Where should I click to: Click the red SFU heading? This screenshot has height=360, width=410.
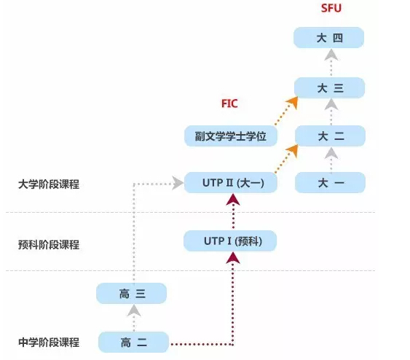coord(331,8)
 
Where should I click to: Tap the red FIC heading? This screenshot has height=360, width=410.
coord(229,103)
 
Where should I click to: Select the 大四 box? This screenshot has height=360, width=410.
coord(329,38)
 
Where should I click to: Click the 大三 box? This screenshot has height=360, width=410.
coord(329,88)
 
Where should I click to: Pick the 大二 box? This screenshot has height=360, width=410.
coord(330,136)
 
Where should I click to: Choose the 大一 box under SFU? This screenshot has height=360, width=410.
coord(330,182)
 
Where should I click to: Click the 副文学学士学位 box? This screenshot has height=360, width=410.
coord(231,136)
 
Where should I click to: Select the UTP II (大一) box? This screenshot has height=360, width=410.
coord(231,182)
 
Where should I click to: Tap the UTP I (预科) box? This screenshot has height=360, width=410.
coord(230,241)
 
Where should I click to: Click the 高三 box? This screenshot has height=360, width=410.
coord(132,293)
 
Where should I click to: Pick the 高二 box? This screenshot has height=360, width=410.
coord(133,343)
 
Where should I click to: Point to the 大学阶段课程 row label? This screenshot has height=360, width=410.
coord(49,184)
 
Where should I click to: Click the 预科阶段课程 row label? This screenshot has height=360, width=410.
coord(49,245)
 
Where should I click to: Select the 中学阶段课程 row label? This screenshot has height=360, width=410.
coord(49,343)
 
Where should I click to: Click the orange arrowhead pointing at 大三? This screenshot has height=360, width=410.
coord(293,102)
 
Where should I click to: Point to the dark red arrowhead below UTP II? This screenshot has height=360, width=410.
coord(233,200)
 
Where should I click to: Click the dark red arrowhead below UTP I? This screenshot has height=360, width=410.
coord(233,258)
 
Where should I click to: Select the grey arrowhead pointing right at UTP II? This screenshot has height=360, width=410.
coord(178,183)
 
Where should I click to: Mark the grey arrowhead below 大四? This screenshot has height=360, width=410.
coord(331,55)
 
